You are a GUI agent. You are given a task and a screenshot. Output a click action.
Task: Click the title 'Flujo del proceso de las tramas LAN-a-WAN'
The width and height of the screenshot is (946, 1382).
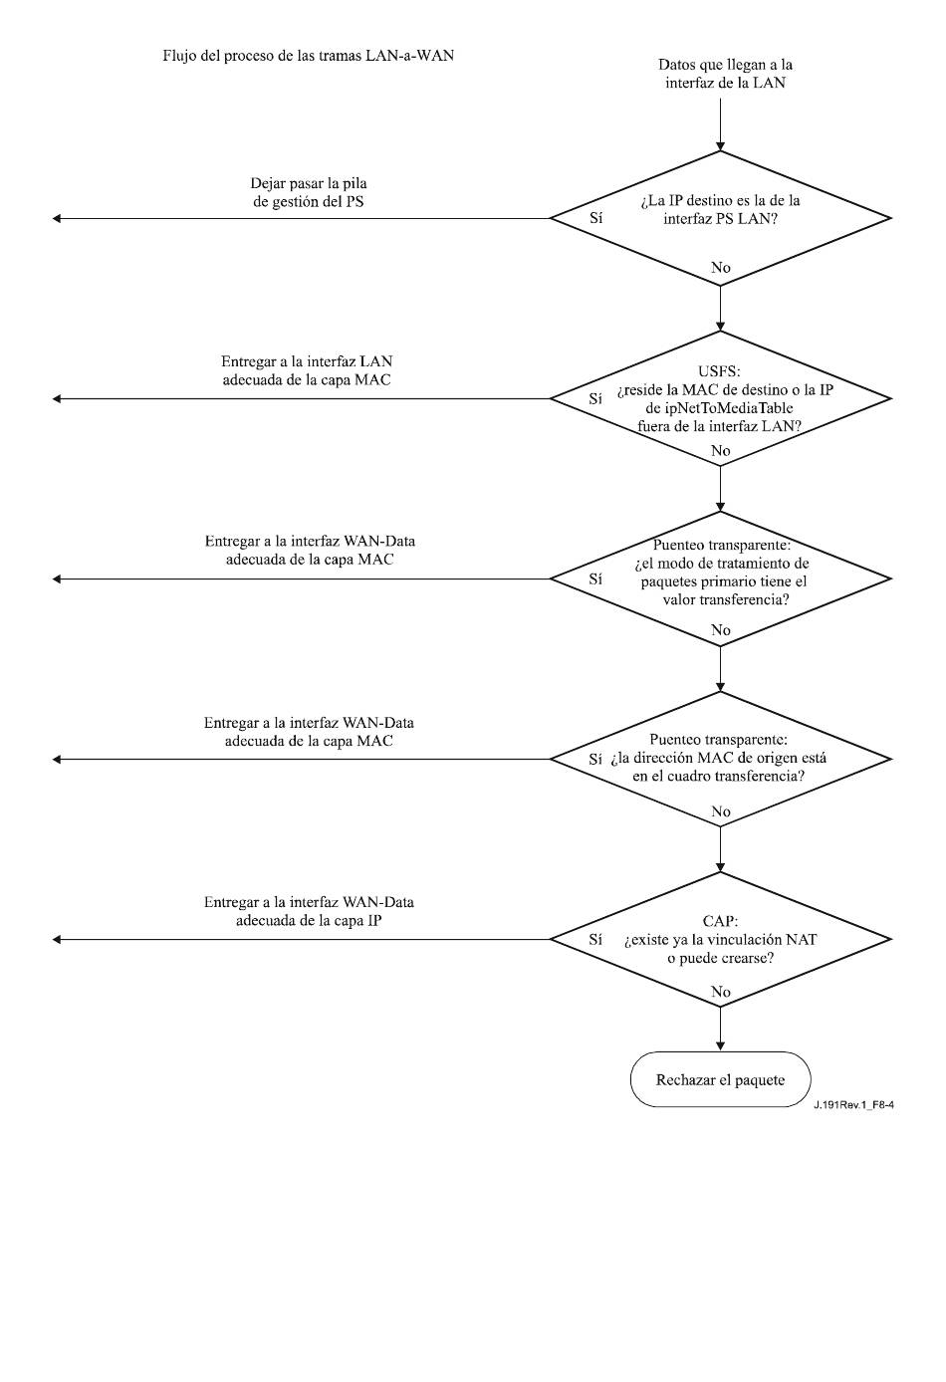click(x=308, y=56)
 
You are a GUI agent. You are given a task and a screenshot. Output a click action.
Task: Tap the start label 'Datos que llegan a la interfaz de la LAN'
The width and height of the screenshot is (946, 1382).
click(x=725, y=74)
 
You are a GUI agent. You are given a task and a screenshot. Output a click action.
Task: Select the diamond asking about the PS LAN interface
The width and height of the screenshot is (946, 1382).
click(x=720, y=218)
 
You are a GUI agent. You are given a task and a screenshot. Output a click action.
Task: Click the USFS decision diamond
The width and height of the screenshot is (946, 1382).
click(x=720, y=398)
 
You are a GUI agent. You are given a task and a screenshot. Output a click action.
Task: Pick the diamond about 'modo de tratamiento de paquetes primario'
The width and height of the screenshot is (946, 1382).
click(x=720, y=578)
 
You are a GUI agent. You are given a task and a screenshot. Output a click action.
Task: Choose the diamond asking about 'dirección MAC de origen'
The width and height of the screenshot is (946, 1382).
click(x=720, y=759)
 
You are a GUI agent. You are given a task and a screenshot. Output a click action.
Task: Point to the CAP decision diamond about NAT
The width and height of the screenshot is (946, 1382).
click(x=720, y=940)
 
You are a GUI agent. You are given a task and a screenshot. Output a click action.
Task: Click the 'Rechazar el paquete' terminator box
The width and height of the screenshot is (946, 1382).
click(x=720, y=1079)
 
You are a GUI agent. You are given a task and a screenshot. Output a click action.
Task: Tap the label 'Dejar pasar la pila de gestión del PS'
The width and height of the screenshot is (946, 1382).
click(x=309, y=192)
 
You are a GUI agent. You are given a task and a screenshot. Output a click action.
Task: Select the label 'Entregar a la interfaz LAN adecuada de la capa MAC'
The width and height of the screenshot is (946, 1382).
click(x=307, y=370)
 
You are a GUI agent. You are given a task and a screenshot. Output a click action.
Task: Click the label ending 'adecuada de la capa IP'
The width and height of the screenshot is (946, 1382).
click(x=309, y=911)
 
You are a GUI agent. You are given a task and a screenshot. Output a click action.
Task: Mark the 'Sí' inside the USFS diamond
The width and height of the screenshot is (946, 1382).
click(x=595, y=398)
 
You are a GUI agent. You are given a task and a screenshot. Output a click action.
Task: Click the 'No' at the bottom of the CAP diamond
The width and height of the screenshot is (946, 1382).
click(x=720, y=992)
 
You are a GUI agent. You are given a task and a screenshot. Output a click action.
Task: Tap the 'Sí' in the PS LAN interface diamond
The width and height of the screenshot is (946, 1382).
click(x=595, y=218)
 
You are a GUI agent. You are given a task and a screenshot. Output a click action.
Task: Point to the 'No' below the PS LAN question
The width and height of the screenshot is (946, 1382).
click(x=720, y=267)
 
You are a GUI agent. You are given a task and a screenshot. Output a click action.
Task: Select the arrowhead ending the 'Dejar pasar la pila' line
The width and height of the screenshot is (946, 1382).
click(x=56, y=218)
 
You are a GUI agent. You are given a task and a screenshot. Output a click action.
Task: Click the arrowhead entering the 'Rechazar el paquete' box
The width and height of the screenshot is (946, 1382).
click(x=720, y=1047)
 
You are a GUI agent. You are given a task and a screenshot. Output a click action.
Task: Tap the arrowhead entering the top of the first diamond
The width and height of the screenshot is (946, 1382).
click(x=720, y=146)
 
